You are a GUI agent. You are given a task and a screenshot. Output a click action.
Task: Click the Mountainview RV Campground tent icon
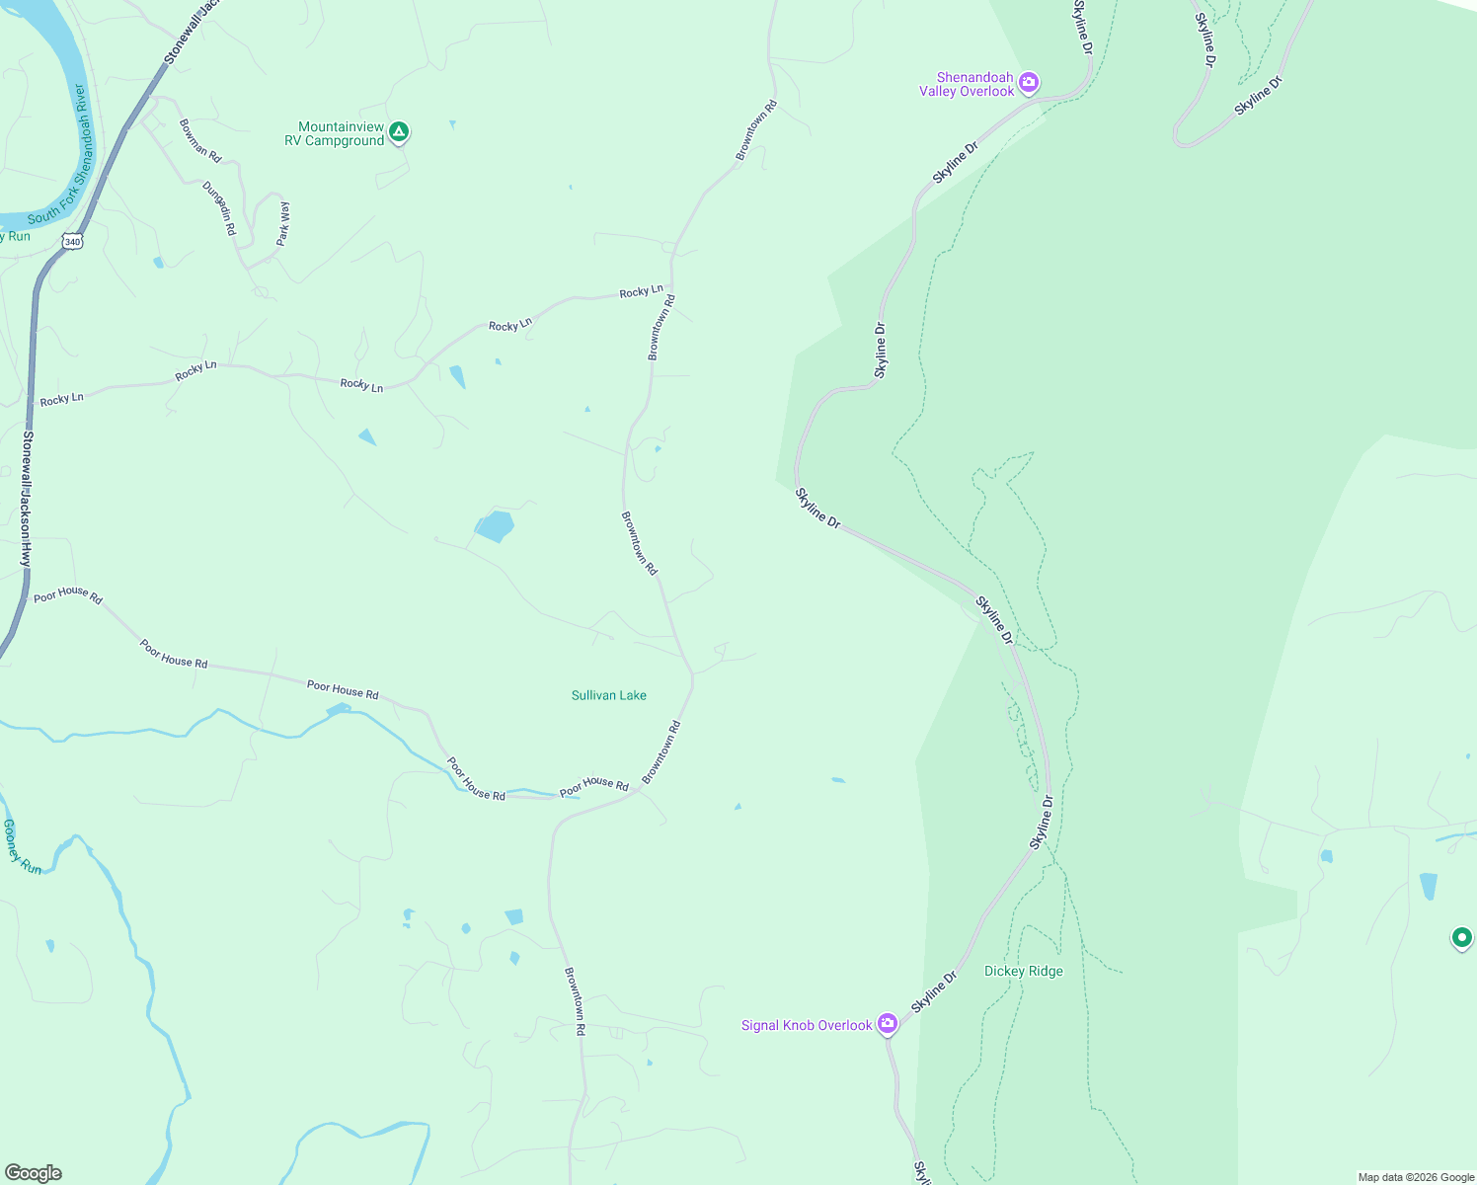399,132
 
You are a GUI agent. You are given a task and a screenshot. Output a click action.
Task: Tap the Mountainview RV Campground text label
341,134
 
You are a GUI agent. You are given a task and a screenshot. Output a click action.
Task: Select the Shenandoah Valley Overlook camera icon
1029,82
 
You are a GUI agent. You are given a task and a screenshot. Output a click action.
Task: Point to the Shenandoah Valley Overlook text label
967,85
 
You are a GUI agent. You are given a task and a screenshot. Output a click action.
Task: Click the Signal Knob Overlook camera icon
888,1023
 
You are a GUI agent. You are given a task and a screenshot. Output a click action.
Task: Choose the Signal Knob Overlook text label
807,1026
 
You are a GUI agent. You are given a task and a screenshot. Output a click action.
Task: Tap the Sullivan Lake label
609,696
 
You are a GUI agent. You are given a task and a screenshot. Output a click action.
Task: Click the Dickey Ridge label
1024,972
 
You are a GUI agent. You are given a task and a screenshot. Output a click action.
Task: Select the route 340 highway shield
71,241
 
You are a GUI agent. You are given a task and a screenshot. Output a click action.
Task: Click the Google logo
34,1173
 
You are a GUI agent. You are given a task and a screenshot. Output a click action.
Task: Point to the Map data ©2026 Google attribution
1416,1177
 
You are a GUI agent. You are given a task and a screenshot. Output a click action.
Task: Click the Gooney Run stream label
22,847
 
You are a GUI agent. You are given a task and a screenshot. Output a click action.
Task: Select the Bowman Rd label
200,140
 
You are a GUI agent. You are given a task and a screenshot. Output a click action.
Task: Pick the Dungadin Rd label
219,207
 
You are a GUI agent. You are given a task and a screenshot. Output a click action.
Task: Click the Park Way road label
283,223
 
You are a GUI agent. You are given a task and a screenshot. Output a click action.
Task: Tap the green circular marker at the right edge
1461,937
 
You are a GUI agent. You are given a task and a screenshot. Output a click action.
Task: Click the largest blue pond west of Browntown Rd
495,526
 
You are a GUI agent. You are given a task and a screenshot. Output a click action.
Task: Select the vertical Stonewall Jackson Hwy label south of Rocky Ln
27,499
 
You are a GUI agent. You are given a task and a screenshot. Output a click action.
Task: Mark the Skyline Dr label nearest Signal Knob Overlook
935,992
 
